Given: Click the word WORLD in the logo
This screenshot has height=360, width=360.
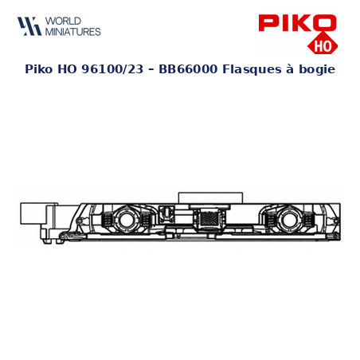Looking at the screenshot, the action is click(x=63, y=21).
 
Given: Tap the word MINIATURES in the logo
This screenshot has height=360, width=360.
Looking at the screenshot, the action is click(x=73, y=32).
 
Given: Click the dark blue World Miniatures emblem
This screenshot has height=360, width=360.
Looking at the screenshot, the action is click(x=29, y=26).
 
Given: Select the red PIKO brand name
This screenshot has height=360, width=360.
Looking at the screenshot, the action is click(x=297, y=23).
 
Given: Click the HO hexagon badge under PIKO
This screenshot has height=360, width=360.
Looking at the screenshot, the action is click(x=323, y=45).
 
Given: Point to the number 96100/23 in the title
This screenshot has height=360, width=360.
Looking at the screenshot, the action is click(x=112, y=69).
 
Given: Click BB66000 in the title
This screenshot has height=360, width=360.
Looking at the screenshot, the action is click(x=188, y=69).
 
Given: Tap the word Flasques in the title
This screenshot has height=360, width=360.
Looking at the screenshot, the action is click(x=252, y=69).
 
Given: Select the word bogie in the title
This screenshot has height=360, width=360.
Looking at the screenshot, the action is click(x=317, y=70).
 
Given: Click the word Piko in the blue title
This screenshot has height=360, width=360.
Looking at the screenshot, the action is click(x=39, y=69).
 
